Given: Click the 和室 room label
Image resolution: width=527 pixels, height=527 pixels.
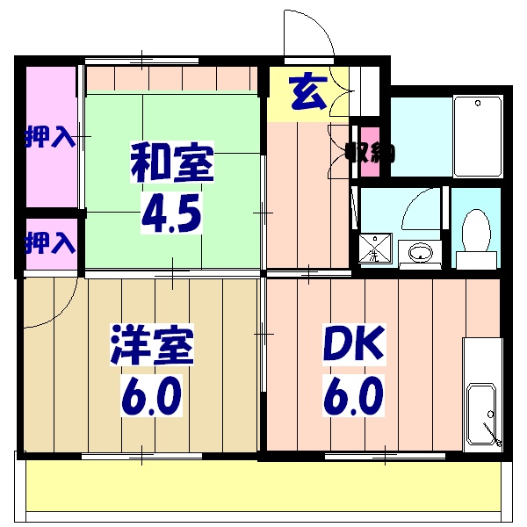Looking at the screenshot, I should [x=172, y=162].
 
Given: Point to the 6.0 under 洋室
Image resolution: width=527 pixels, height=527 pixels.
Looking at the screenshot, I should [x=150, y=396].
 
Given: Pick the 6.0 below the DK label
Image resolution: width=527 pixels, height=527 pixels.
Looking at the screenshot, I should [x=352, y=396].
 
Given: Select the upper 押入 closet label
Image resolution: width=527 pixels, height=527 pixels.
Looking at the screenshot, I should [x=49, y=138].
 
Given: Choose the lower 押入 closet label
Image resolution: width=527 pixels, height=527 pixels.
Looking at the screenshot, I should [x=49, y=242].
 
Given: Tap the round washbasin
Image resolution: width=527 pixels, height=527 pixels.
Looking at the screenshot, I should [x=421, y=253].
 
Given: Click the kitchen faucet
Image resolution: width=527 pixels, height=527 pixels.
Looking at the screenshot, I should [x=495, y=434].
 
